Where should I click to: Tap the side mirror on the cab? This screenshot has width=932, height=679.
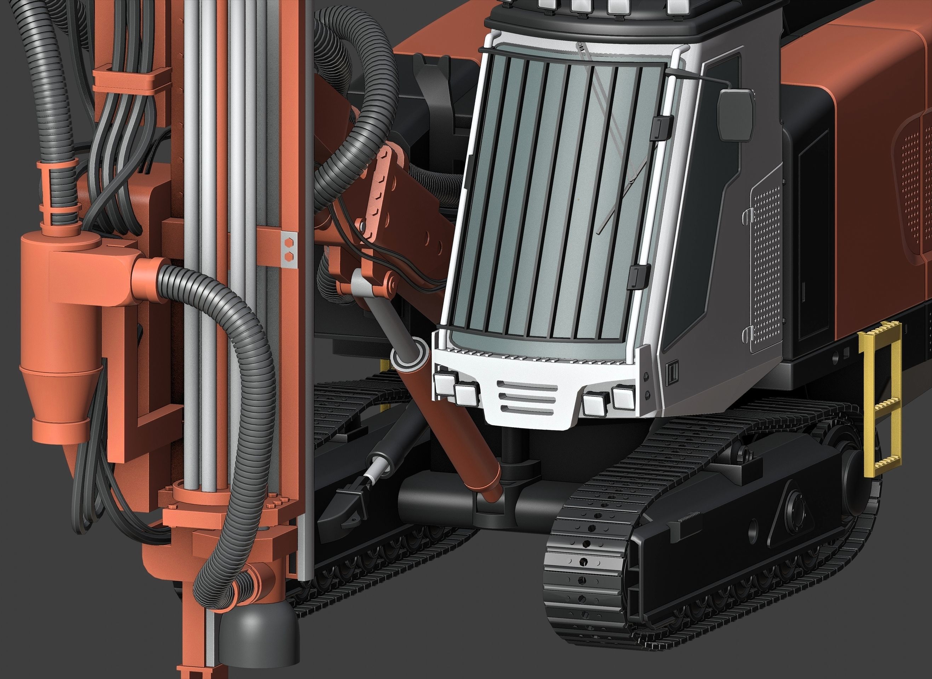[x=737, y=115]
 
